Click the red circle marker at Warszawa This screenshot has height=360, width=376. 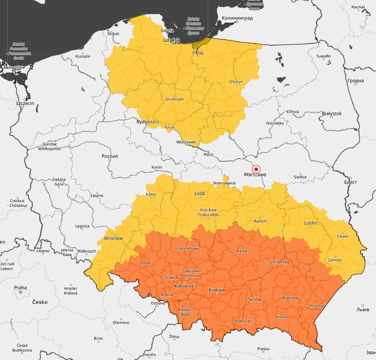click(255, 168)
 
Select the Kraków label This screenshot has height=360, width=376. click(217, 290)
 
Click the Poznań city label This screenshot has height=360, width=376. click(110, 156)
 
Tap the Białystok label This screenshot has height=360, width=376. click(331, 113)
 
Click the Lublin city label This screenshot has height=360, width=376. click(311, 223)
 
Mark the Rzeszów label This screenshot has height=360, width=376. click(290, 298)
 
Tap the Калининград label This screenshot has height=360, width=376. click(238, 18)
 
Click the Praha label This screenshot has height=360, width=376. click(20, 288)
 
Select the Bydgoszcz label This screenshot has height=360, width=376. click(148, 121)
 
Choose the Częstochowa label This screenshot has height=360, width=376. click(188, 249)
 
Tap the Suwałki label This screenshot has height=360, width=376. click(323, 56)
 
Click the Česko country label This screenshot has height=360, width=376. click(40, 302)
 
